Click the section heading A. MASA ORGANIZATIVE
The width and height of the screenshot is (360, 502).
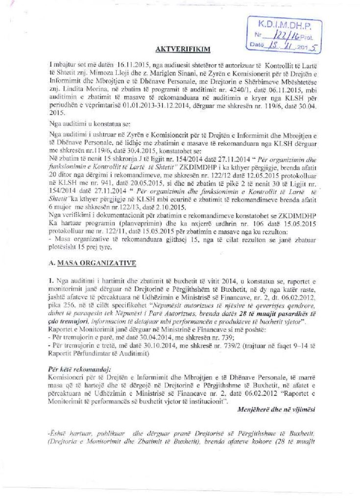pos(92,263)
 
